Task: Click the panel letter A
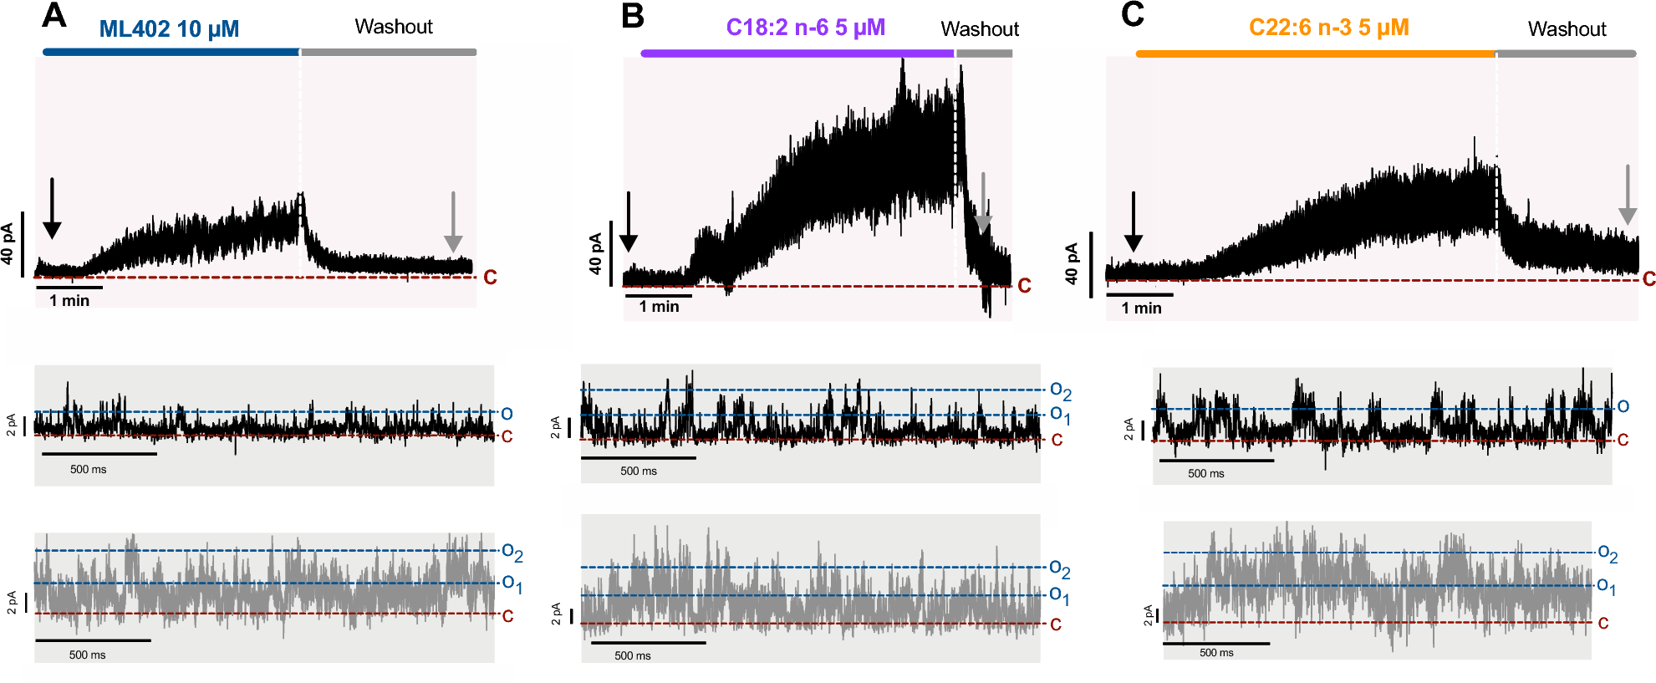pos(54,15)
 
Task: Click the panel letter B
pos(633,16)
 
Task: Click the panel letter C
pos(1132,14)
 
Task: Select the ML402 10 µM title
pos(169,29)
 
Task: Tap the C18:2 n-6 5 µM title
pos(805,28)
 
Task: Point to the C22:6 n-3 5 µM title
pos(1328,28)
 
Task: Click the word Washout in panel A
pos(394,27)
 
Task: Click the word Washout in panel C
pos(1567,29)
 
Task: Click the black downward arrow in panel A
pos(52,209)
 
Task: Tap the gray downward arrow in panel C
pos(1627,195)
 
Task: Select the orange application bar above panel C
pos(1314,54)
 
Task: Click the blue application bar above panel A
pos(171,52)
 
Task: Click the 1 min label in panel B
pos(659,307)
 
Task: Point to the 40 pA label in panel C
pos(1072,264)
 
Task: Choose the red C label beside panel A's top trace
pos(490,278)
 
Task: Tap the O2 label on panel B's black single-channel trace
pos(1060,390)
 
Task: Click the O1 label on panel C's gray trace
pos(1606,587)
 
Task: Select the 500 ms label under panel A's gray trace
pos(87,655)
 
